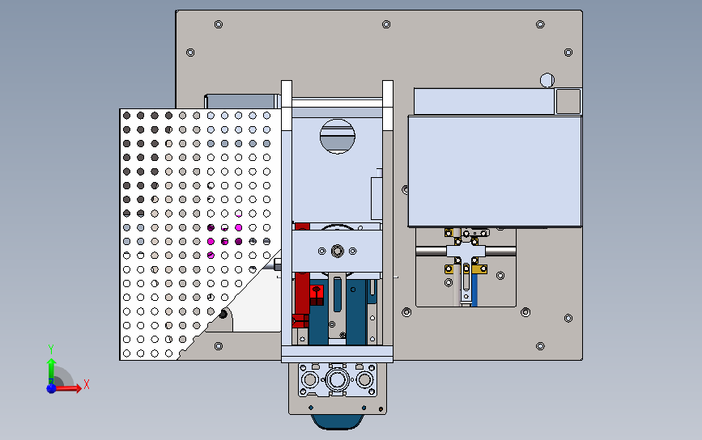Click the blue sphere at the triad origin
[51, 388]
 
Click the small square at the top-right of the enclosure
[568, 100]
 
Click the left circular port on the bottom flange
[309, 379]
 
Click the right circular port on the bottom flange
[365, 379]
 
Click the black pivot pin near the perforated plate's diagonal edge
[223, 312]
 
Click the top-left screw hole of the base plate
[217, 25]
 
